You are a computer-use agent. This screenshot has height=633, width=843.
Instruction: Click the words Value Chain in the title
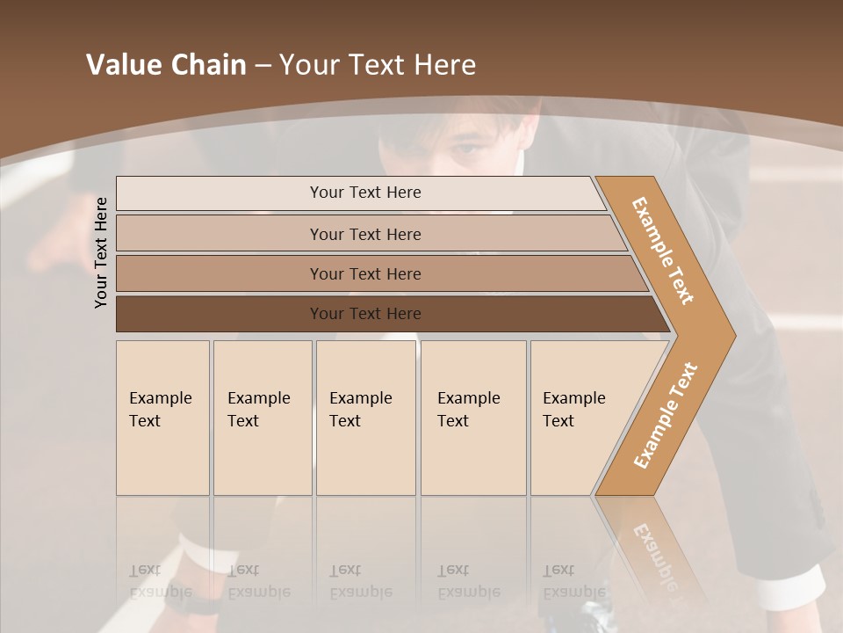tap(166, 65)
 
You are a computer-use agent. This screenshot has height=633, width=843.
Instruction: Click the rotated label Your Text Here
tap(101, 252)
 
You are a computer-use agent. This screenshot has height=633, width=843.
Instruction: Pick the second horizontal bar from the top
tap(365, 234)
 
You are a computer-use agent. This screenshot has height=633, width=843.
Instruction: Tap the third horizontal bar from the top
tap(365, 273)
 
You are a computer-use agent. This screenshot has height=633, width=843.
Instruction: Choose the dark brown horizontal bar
tap(365, 314)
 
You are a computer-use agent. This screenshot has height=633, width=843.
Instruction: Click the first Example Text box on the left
tap(162, 418)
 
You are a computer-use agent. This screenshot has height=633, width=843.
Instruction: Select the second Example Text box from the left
tap(263, 418)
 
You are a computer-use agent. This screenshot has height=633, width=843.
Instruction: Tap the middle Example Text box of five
tap(365, 418)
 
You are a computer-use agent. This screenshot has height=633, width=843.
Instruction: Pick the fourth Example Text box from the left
tap(473, 418)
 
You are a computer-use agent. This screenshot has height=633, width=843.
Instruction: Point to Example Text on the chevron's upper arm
tap(663, 251)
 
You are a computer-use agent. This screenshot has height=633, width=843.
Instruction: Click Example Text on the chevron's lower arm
tap(665, 416)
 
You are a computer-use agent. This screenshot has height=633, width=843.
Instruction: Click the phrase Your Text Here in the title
tap(378, 65)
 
